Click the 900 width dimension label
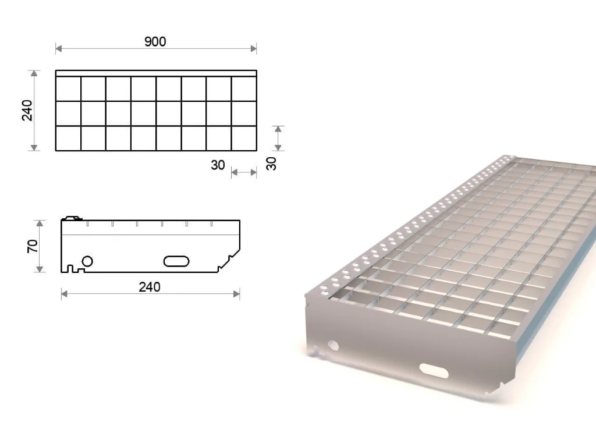coord(155,41)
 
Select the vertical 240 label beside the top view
coord(27,110)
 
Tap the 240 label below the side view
coord(150,287)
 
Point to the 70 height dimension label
coord(33,246)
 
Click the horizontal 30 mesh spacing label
coord(218,165)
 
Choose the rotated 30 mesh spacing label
coord(271,164)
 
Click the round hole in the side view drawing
coord(87,261)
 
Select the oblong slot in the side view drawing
coord(176,261)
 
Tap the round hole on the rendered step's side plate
coord(333,346)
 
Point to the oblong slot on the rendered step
coord(434,371)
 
